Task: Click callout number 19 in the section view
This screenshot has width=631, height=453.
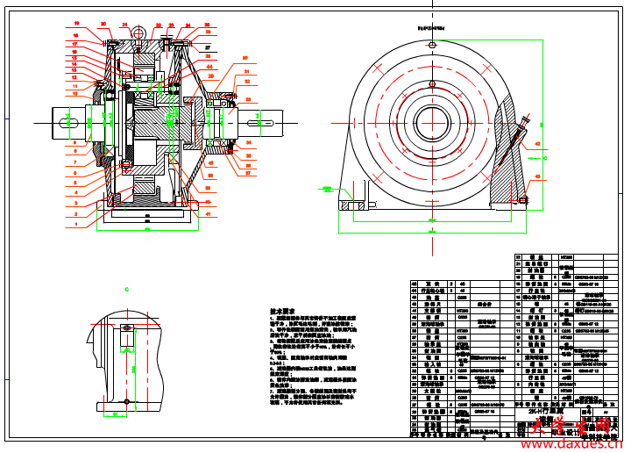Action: (75, 24)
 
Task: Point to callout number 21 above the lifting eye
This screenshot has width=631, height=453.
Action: (124, 25)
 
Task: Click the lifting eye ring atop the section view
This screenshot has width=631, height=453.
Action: (138, 32)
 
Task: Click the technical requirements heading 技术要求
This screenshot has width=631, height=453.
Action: (282, 312)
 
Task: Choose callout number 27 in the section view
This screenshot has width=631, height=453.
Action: (208, 46)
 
